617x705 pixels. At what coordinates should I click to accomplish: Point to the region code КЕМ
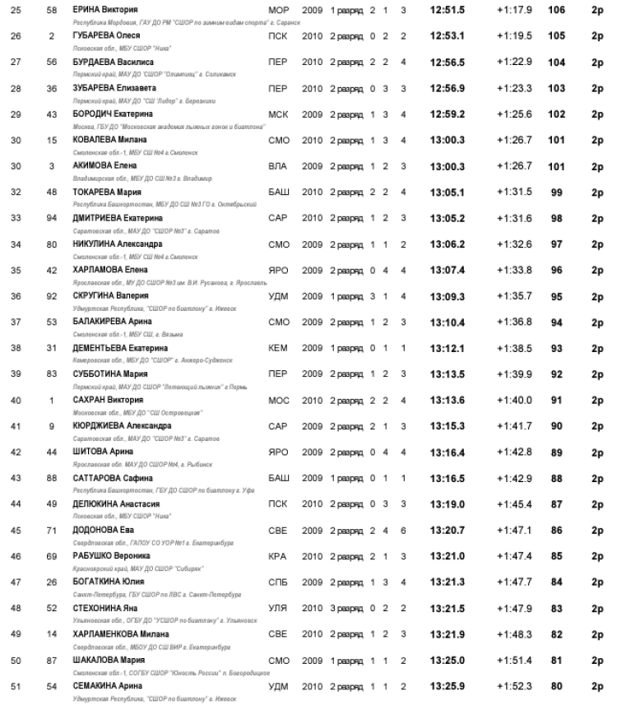(278, 348)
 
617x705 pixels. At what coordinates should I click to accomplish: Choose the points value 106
(556, 10)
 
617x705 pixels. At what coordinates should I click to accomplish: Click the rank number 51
(16, 686)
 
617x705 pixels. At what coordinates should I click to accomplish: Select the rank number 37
(16, 322)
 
